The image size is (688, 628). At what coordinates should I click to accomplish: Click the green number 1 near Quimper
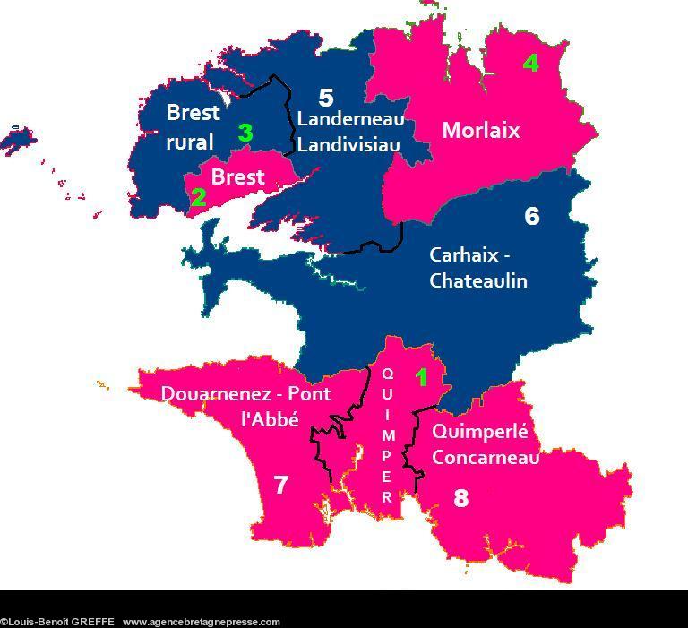[422, 377]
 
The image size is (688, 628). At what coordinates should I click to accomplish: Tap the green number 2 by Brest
[198, 197]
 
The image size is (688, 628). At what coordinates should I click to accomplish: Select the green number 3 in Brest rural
[245, 133]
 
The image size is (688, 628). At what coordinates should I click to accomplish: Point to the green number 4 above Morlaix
[531, 64]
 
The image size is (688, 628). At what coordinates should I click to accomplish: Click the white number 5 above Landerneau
[326, 98]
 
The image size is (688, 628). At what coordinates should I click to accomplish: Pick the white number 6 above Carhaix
[532, 216]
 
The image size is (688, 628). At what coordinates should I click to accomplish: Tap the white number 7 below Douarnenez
[280, 485]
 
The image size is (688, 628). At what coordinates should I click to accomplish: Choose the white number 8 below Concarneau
[460, 497]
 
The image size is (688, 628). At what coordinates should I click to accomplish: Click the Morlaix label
[480, 131]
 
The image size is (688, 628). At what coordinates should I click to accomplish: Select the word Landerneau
[350, 119]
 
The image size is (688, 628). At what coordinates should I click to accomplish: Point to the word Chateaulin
[478, 280]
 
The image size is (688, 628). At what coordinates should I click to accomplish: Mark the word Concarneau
[486, 458]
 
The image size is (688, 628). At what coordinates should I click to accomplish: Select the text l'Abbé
[269, 418]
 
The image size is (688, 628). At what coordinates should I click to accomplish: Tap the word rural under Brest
[189, 142]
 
